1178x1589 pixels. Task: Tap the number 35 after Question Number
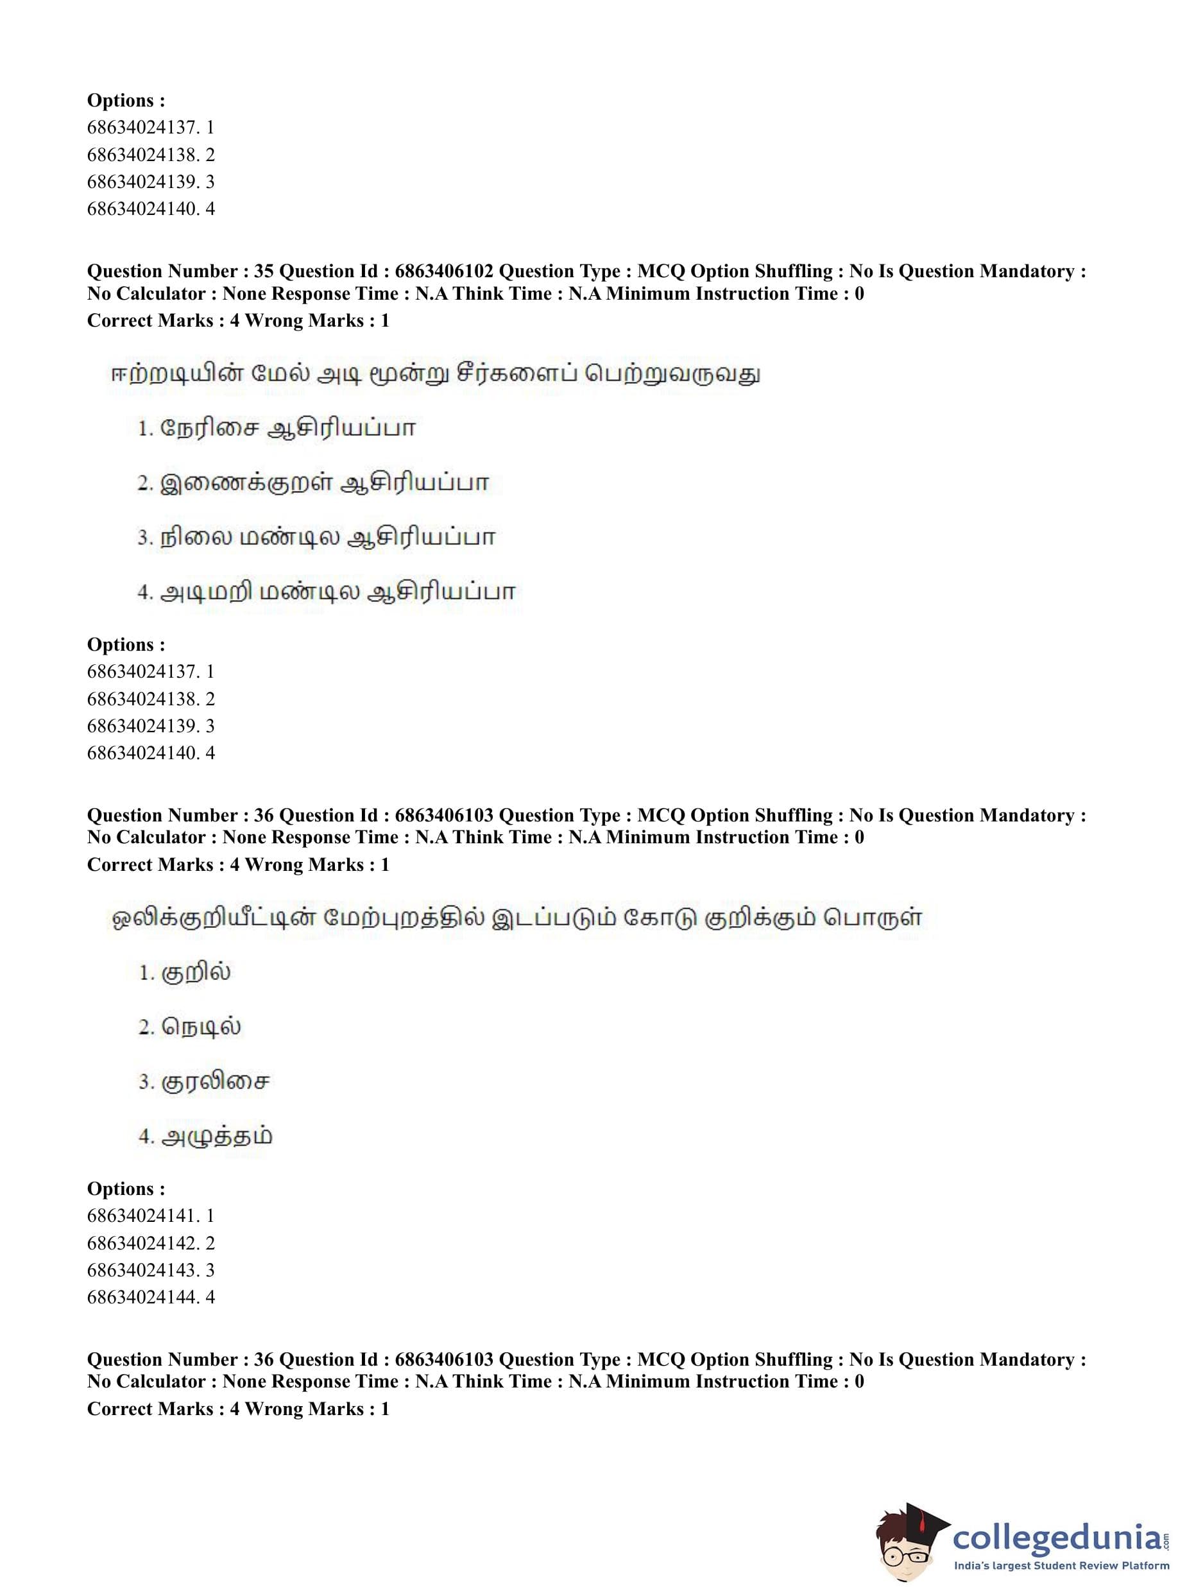[x=263, y=271]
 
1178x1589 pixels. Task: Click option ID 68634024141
[x=142, y=1215]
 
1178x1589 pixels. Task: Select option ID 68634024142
[x=142, y=1243]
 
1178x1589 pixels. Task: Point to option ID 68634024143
[x=142, y=1270]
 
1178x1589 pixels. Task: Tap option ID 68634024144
[x=142, y=1297]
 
